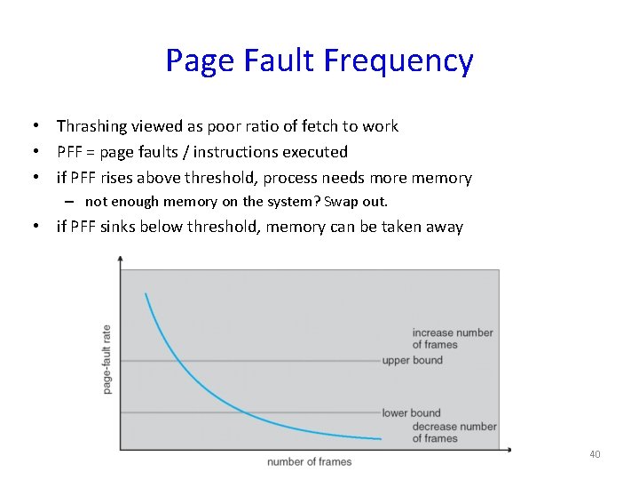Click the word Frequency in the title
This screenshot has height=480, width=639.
tap(398, 61)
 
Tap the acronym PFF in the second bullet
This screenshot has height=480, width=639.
tap(70, 152)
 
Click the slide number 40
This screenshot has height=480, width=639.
tap(595, 455)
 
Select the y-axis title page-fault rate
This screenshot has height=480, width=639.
tap(107, 359)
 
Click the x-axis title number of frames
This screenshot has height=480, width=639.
tap(309, 461)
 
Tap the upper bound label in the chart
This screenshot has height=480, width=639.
tap(412, 360)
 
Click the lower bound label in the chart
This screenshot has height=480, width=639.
tap(411, 412)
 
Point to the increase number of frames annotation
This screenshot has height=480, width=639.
tap(452, 339)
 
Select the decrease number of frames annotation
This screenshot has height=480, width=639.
tap(454, 432)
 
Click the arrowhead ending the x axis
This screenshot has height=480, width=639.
tap(509, 450)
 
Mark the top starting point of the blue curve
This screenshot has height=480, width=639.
tap(146, 293)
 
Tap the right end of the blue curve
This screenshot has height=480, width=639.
tap(381, 439)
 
